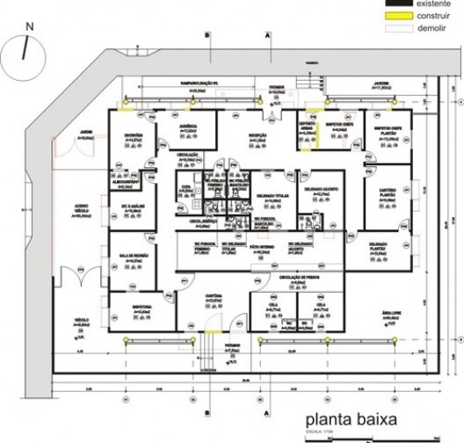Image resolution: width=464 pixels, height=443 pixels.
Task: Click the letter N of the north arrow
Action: [30, 27]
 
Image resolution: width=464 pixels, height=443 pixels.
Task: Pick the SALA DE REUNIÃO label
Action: [130, 256]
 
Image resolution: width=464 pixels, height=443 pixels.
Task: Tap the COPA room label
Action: [185, 185]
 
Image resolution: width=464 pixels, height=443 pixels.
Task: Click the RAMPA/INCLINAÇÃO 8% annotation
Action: [205, 84]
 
